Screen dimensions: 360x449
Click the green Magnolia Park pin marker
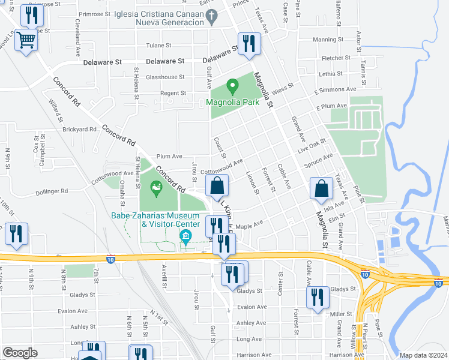pyautogui.click(x=232, y=88)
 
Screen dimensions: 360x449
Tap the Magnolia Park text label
pyautogui.click(x=232, y=102)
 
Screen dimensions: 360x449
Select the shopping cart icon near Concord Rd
pyautogui.click(x=26, y=41)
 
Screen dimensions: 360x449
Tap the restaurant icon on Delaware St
pyautogui.click(x=248, y=44)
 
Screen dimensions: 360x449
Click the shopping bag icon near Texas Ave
pyautogui.click(x=322, y=188)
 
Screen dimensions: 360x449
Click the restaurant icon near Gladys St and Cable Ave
pyautogui.click(x=318, y=298)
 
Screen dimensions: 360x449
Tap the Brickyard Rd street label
pyautogui.click(x=79, y=129)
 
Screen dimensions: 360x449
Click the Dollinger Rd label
pyautogui.click(x=52, y=191)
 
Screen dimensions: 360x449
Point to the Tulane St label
pyautogui.click(x=158, y=45)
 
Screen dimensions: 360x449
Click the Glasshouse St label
pyautogui.click(x=165, y=77)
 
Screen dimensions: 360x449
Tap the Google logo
pyautogui.click(x=20, y=352)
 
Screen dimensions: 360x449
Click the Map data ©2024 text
pyautogui.click(x=423, y=355)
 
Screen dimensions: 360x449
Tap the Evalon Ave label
pyautogui.click(x=251, y=307)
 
